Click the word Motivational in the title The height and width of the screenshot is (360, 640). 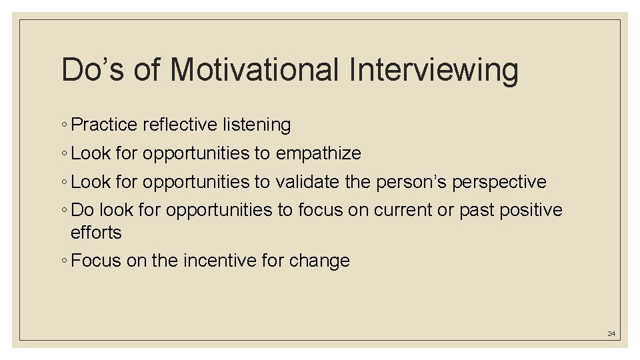pyautogui.click(x=254, y=69)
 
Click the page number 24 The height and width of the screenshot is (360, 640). pyautogui.click(x=611, y=333)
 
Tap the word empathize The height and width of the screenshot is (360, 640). pyautogui.click(x=318, y=153)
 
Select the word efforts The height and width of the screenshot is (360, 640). pyautogui.click(x=96, y=232)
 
